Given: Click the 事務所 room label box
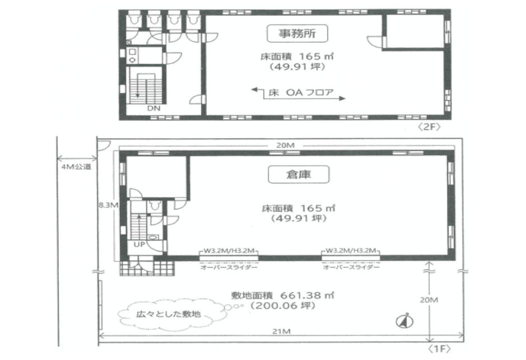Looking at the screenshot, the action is click(x=297, y=34).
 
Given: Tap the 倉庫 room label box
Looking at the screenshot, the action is click(x=299, y=174).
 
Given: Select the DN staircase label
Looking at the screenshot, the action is click(x=153, y=108).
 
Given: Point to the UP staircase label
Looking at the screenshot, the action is click(x=139, y=244).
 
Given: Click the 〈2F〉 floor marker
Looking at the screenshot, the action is click(x=429, y=127).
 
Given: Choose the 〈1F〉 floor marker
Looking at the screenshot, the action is click(x=439, y=349).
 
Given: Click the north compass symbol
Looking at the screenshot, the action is click(x=404, y=321).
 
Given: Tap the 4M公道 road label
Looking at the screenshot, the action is click(x=77, y=167).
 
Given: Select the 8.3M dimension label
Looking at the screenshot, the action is click(x=108, y=205).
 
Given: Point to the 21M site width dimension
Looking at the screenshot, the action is click(x=281, y=331).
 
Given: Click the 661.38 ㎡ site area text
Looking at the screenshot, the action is click(x=282, y=295).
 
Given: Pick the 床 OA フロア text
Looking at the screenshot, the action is click(x=301, y=92).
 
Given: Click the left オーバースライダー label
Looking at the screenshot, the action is click(x=229, y=267).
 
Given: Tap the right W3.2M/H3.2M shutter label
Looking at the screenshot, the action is click(x=351, y=250).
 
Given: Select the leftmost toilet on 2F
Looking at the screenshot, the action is click(x=135, y=19).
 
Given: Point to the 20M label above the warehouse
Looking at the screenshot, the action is click(x=286, y=145).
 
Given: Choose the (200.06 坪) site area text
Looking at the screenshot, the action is click(x=283, y=305).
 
